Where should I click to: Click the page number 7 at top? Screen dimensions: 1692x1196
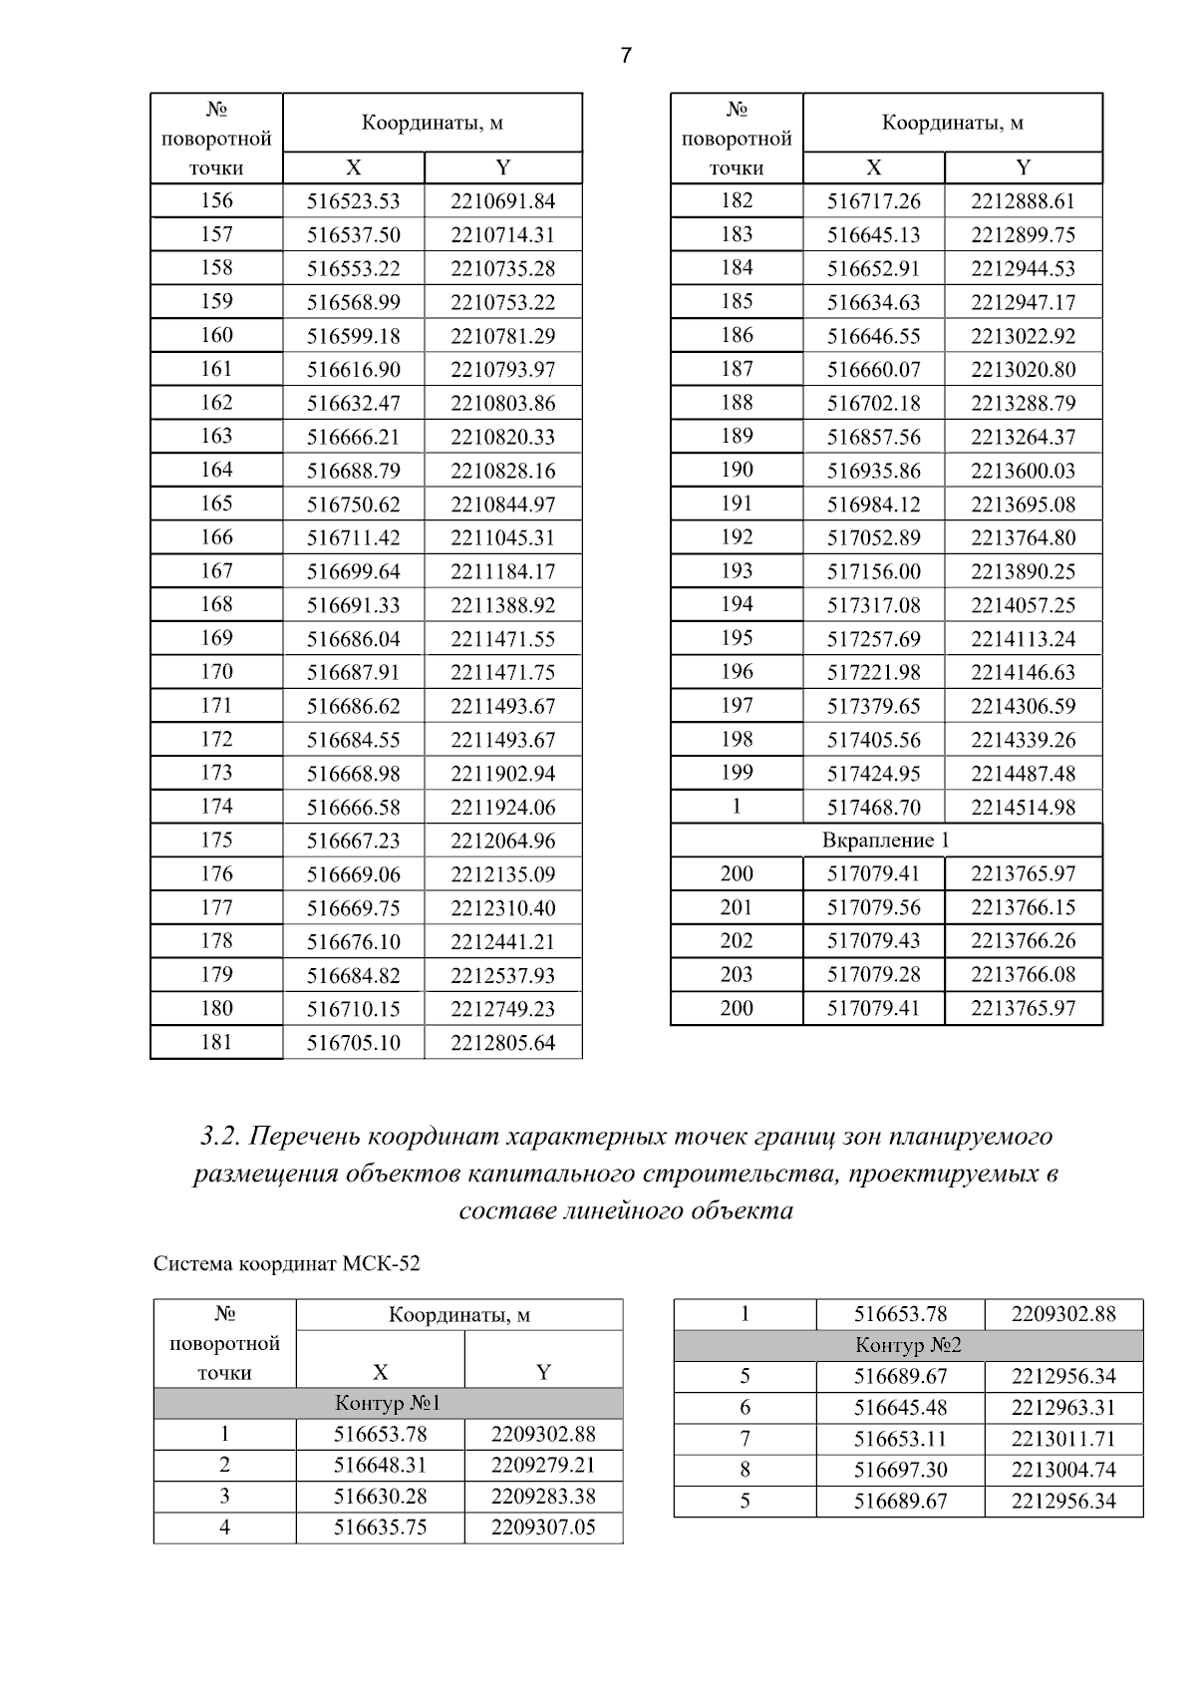point(626,56)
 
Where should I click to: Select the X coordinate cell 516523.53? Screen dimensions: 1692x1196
point(353,201)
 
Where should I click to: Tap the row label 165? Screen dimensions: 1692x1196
point(216,504)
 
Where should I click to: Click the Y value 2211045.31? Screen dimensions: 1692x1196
point(502,538)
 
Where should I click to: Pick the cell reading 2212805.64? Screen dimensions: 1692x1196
point(502,1043)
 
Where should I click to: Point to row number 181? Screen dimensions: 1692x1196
point(216,1042)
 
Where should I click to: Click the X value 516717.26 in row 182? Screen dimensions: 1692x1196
point(873,201)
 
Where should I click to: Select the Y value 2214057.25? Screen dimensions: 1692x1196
point(1023,605)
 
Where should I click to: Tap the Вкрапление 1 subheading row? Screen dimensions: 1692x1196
point(885,841)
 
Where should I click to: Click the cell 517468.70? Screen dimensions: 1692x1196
point(873,808)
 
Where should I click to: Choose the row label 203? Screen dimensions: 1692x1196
point(737,974)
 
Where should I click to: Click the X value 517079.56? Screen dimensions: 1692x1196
point(873,907)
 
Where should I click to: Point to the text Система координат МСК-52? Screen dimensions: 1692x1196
point(286,1264)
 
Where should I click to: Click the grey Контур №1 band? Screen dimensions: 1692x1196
point(388,1404)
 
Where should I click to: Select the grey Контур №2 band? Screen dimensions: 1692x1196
point(908,1346)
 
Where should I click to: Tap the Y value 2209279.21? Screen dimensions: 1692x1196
point(542,1466)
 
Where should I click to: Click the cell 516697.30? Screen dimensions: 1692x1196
point(900,1470)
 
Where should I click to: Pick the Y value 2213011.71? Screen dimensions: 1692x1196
point(1062,1439)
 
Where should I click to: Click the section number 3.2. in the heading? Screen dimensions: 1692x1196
point(218,1137)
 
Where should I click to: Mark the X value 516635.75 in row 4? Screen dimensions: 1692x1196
point(380,1527)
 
